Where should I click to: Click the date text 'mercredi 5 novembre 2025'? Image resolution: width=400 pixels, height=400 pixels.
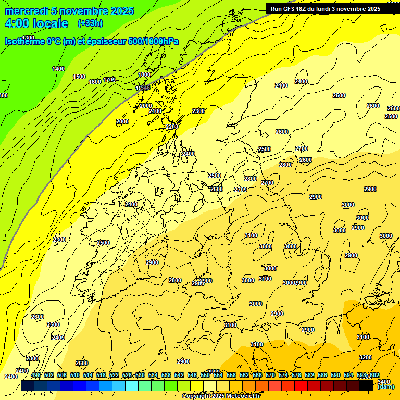(x=69, y=11)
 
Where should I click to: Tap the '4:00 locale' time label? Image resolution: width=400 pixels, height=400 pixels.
(x=36, y=23)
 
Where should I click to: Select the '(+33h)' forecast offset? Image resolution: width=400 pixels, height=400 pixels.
(x=90, y=23)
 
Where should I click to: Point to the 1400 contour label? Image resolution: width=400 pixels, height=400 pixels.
(x=58, y=69)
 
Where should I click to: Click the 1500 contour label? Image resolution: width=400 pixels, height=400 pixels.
(x=79, y=77)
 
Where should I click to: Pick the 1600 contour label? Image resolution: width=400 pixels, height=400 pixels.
(x=94, y=82)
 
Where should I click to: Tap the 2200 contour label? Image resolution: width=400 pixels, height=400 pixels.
(x=172, y=127)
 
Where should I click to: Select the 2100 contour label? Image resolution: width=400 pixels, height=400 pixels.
(x=155, y=111)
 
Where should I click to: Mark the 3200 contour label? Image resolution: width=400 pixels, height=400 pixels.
(x=366, y=357)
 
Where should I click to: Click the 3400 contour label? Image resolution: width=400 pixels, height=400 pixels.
(x=384, y=368)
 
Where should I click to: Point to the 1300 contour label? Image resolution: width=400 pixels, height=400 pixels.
(x=28, y=38)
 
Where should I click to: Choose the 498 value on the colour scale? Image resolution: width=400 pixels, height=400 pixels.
(x=36, y=375)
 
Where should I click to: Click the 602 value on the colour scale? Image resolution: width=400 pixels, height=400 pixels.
(x=374, y=375)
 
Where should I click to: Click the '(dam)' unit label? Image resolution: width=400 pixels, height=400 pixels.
(x=385, y=386)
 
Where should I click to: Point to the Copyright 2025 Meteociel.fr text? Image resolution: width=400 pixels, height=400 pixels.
(x=221, y=396)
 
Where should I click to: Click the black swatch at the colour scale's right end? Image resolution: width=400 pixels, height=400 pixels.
(x=366, y=385)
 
